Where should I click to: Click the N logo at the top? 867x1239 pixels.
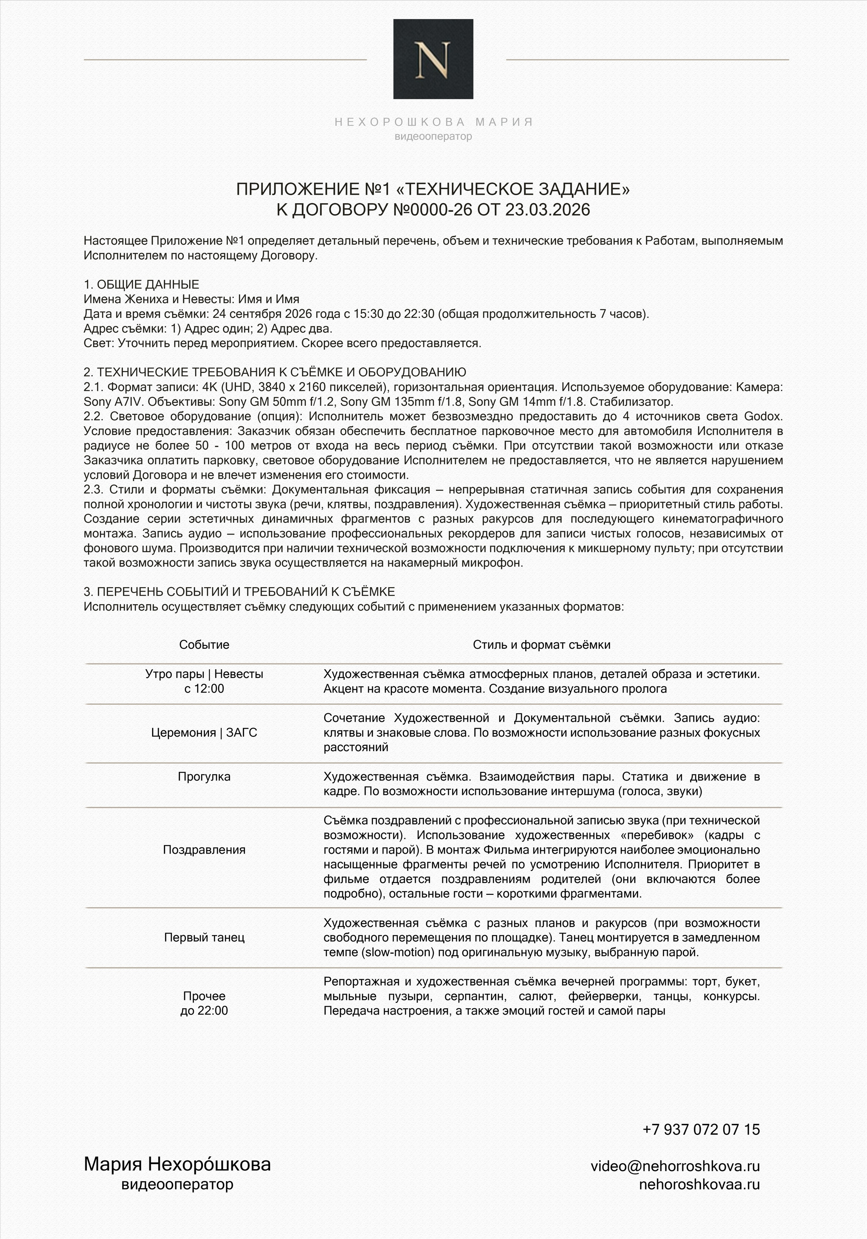433,59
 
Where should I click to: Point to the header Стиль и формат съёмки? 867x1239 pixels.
541,645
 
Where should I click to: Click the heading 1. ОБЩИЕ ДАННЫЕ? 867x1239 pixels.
141,284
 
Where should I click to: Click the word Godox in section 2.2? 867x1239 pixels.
763,416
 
